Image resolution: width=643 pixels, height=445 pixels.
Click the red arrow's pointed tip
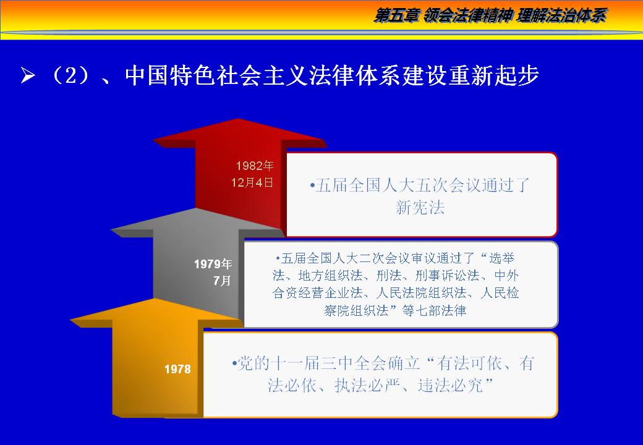238,119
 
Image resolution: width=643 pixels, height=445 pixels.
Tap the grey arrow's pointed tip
197,208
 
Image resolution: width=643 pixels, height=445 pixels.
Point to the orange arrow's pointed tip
155,299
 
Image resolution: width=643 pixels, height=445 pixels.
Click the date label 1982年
255,166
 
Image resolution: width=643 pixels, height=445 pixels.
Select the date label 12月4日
252,182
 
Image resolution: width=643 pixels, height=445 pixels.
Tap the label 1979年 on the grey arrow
213,264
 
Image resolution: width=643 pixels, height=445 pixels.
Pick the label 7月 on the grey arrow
222,281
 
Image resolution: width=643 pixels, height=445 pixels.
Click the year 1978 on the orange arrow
177,369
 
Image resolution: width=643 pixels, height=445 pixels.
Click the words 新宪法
420,207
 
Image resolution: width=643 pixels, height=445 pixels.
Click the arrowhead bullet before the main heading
27,75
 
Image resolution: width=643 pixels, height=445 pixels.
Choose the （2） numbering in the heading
70,75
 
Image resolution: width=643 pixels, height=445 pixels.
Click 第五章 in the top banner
396,15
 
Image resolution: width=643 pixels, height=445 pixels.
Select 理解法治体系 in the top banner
561,15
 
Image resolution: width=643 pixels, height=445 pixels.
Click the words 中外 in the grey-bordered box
506,276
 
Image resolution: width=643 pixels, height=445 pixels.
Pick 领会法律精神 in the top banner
467,15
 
